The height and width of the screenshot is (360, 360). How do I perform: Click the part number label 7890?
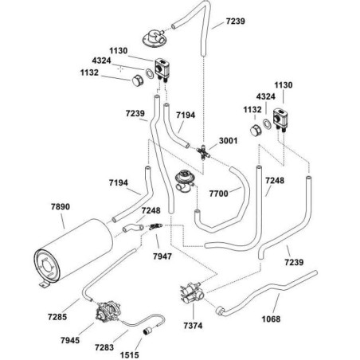[x=61, y=206]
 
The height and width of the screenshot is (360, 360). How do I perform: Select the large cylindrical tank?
[x=73, y=252]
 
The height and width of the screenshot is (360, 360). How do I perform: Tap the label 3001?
[x=228, y=141]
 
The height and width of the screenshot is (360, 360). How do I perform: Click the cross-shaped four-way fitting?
[x=204, y=152]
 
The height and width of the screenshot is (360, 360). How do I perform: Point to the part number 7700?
[x=218, y=194]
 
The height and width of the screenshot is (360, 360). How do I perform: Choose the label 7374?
[x=193, y=326]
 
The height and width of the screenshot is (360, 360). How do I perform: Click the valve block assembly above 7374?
[x=192, y=293]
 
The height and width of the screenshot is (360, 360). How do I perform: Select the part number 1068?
[x=271, y=319]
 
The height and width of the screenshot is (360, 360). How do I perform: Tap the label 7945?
[x=70, y=340]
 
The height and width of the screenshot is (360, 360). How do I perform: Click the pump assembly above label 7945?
[x=108, y=311]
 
